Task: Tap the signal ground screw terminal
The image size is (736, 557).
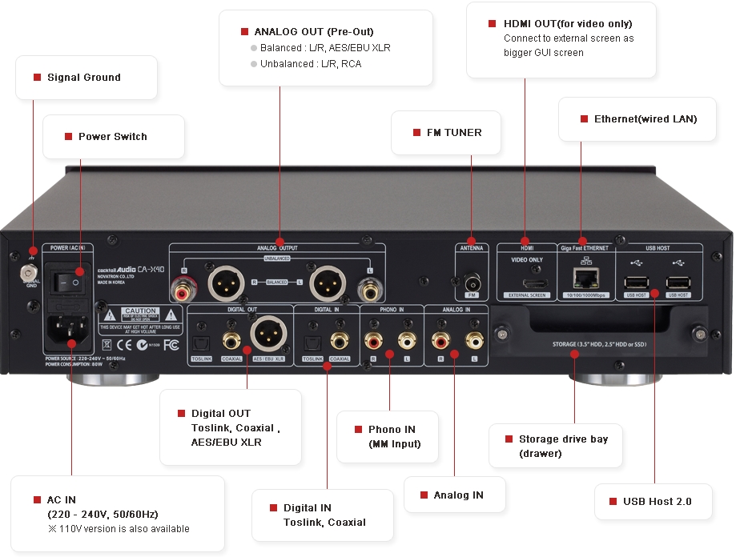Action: click(x=30, y=272)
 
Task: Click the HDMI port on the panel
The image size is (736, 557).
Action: click(x=526, y=284)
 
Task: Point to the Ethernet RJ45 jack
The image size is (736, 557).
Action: click(x=584, y=277)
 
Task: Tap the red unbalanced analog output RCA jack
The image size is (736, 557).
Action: click(x=183, y=294)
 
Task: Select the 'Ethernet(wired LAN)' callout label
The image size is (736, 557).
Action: click(x=645, y=119)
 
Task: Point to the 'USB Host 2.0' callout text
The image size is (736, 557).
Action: click(x=657, y=502)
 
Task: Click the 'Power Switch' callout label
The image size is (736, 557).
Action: click(x=112, y=137)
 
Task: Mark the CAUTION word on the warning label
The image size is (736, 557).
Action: click(x=140, y=311)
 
